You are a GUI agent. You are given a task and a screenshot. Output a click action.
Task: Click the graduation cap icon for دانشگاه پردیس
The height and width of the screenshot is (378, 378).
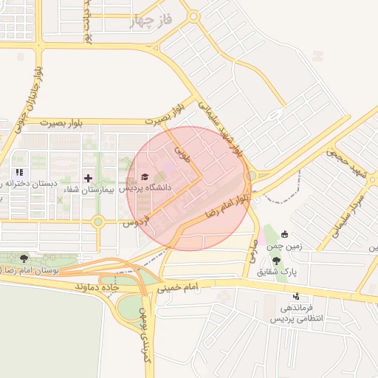(x=144, y=177)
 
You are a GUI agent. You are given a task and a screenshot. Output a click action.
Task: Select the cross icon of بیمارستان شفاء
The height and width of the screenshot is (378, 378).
(x=89, y=178)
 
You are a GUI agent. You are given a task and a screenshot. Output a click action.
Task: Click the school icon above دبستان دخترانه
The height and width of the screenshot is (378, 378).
(x=20, y=172)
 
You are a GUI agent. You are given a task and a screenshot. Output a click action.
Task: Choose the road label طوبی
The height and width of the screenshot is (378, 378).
(x=182, y=153)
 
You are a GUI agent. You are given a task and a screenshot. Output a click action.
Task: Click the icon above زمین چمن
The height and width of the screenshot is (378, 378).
(x=285, y=235)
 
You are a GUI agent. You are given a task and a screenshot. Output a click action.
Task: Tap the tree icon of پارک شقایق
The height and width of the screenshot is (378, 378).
(x=276, y=260)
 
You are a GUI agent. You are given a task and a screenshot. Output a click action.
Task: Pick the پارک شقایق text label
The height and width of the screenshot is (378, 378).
(x=277, y=272)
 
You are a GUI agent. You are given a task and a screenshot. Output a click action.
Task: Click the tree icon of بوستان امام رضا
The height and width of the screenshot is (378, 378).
(x=24, y=258)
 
